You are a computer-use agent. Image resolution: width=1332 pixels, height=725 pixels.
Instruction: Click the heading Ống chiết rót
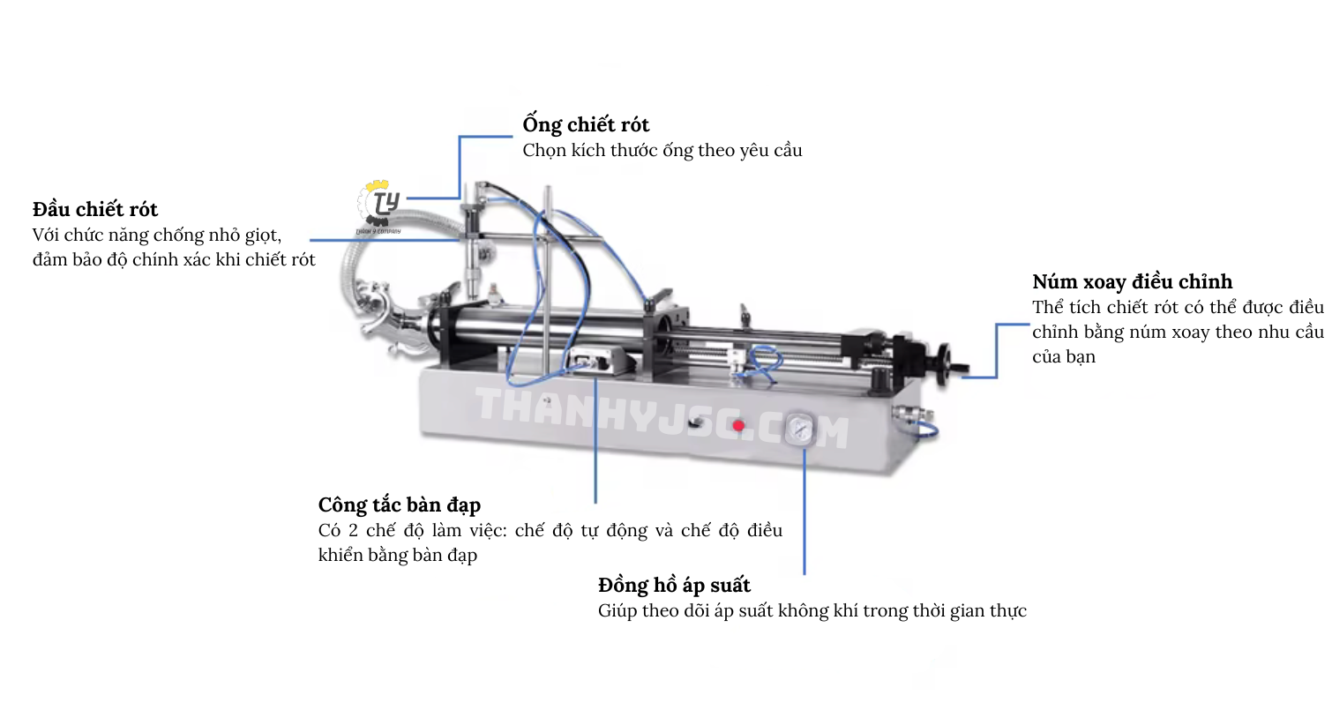586,125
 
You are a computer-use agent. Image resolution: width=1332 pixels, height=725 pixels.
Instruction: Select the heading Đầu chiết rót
95,209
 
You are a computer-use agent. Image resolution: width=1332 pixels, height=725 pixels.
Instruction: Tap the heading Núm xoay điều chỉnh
1133,281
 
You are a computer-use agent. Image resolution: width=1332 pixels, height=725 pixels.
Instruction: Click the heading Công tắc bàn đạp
399,505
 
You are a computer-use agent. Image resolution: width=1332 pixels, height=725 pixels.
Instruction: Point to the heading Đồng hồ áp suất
674,586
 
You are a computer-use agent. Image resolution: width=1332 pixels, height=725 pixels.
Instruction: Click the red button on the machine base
738,426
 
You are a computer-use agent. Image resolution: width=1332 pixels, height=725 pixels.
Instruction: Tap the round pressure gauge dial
800,429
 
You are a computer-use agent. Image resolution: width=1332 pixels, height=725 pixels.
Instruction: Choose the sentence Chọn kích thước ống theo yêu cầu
662,151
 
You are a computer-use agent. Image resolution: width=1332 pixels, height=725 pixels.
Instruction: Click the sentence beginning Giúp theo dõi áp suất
812,611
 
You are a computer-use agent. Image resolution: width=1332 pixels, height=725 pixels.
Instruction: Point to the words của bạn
1064,357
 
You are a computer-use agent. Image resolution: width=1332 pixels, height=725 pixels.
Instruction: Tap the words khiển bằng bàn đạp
398,555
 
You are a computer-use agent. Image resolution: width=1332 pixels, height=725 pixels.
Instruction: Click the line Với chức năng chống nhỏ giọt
157,235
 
